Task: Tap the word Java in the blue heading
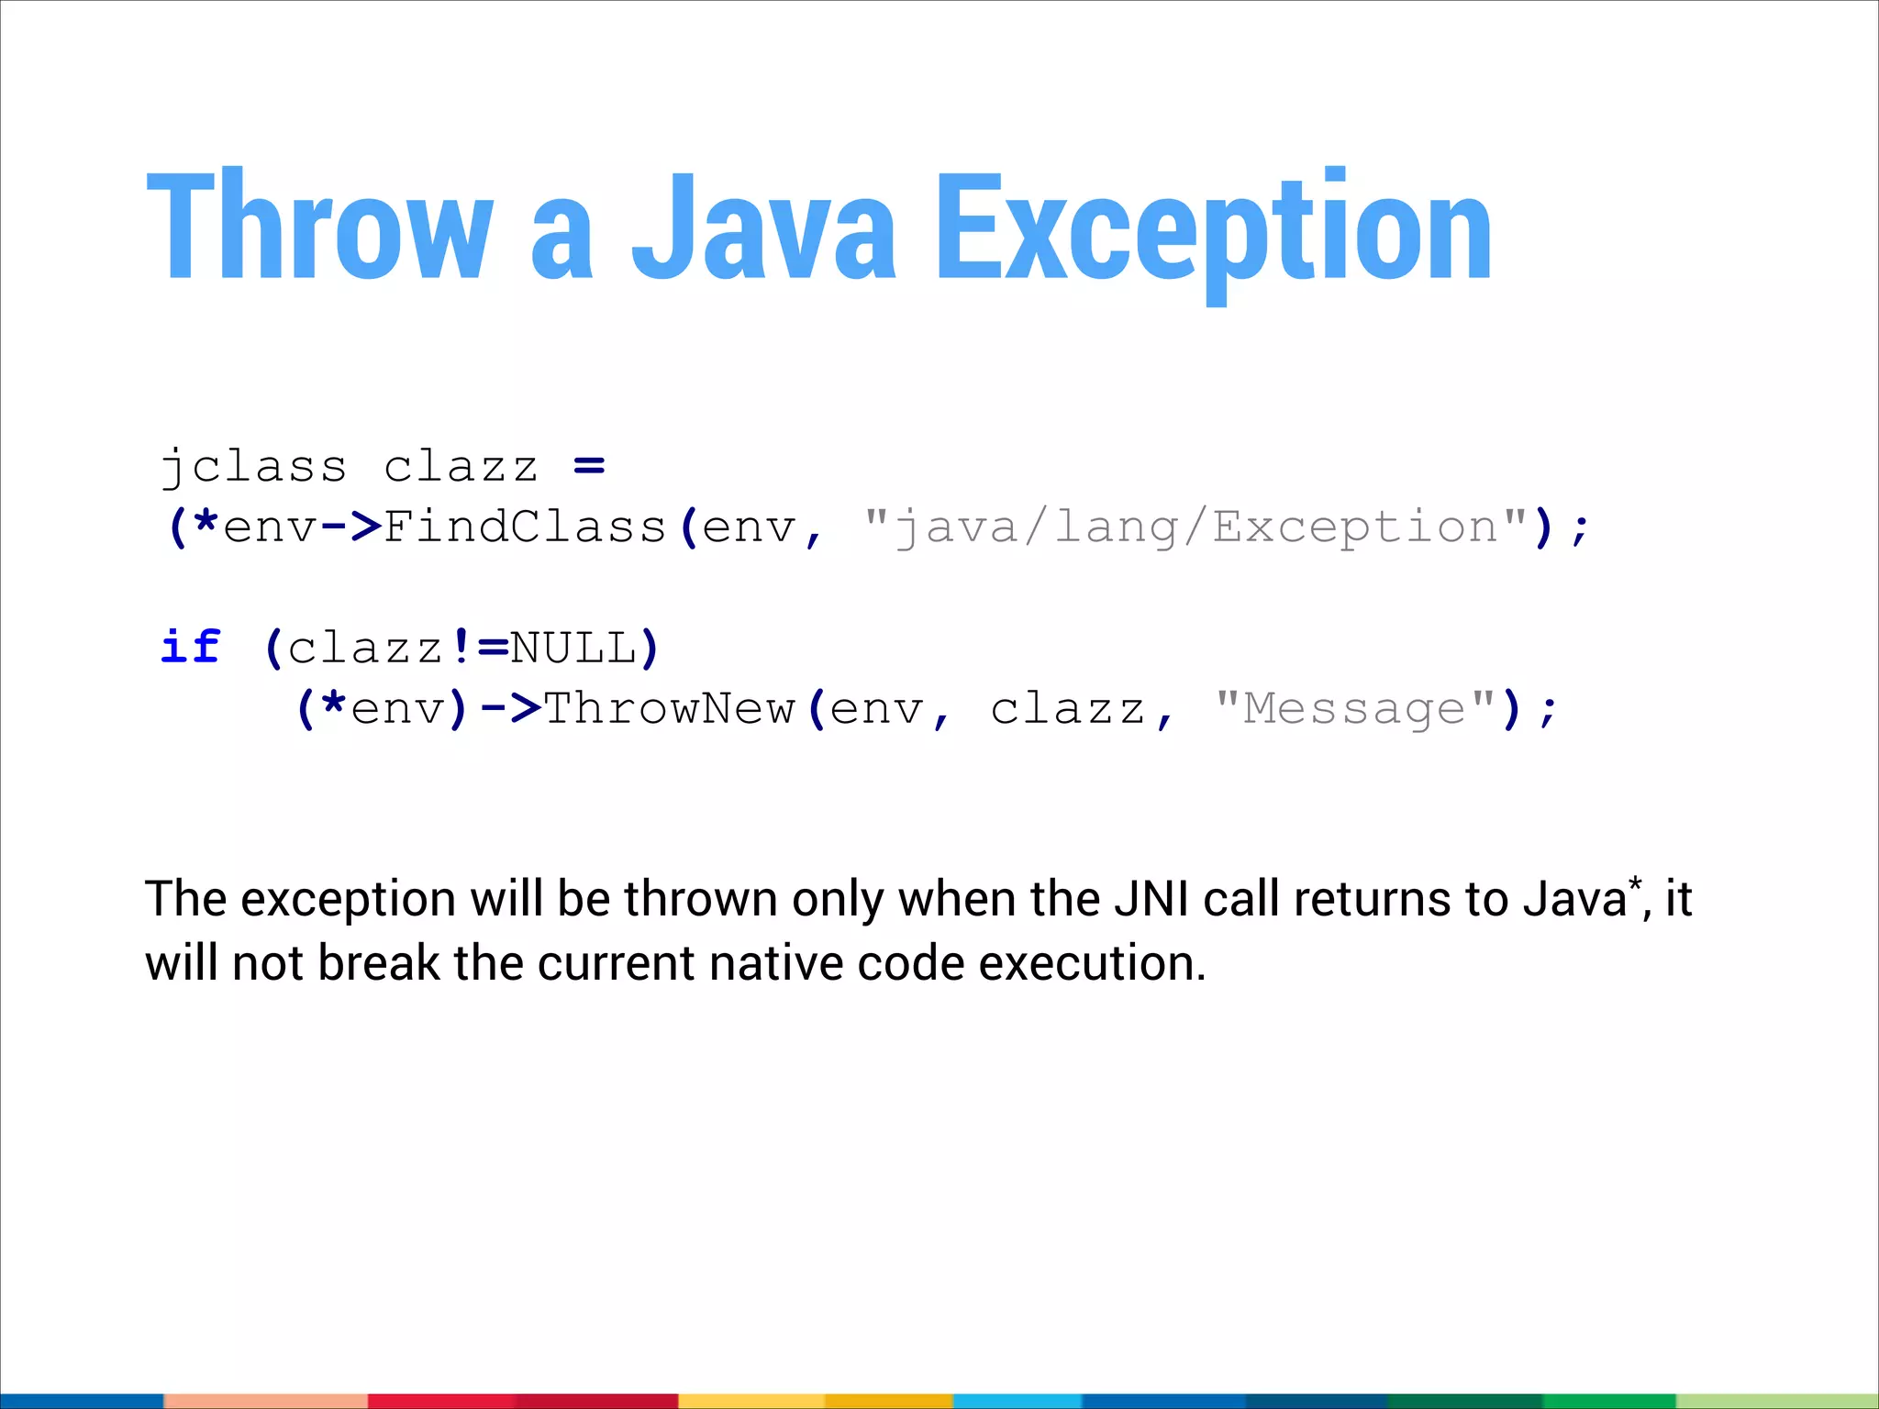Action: pyautogui.click(x=763, y=227)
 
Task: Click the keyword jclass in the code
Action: pyautogui.click(x=253, y=467)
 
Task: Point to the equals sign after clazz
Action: pyautogui.click(x=589, y=466)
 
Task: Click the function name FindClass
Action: pyautogui.click(x=524, y=527)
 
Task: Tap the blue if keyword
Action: pyautogui.click(x=191, y=648)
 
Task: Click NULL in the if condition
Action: pyautogui.click(x=573, y=648)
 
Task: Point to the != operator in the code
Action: pyautogui.click(x=478, y=648)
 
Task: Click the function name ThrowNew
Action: pyautogui.click(x=669, y=708)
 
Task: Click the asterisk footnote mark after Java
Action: pyautogui.click(x=1634, y=884)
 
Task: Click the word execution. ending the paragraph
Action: pyautogui.click(x=1092, y=964)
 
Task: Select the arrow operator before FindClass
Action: pyautogui.click(x=351, y=527)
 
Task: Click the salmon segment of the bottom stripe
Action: pyautogui.click(x=266, y=1401)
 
